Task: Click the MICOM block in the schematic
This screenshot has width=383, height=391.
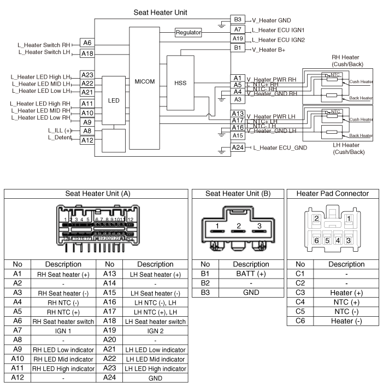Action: pyautogui.click(x=144, y=81)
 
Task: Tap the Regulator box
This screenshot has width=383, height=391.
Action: pyautogui.click(x=188, y=33)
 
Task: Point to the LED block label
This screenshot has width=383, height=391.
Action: pyautogui.click(x=114, y=100)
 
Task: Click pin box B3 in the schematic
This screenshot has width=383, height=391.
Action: pyautogui.click(x=238, y=19)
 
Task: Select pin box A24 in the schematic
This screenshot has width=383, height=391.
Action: pyautogui.click(x=238, y=147)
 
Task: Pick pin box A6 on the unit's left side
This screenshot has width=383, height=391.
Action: pyautogui.click(x=87, y=42)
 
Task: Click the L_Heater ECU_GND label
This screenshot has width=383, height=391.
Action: pyautogui.click(x=280, y=148)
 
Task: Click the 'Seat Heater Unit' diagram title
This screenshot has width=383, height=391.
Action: pyautogui.click(x=162, y=11)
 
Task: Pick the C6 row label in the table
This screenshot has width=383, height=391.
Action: pyautogui.click(x=300, y=321)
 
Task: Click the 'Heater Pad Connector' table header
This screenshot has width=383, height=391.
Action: pyautogui.click(x=332, y=193)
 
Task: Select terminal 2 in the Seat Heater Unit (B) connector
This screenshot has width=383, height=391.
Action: pyautogui.click(x=239, y=226)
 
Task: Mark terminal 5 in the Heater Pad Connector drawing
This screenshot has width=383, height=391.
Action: pyautogui.click(x=327, y=240)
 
